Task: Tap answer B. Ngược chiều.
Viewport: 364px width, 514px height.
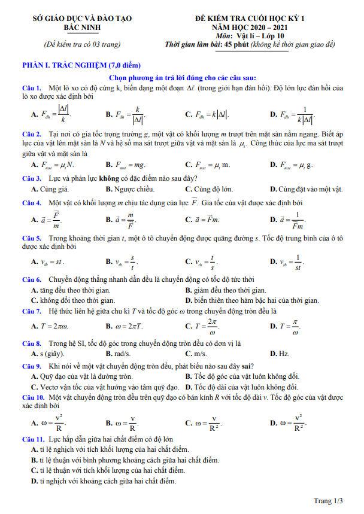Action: point(130,189)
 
